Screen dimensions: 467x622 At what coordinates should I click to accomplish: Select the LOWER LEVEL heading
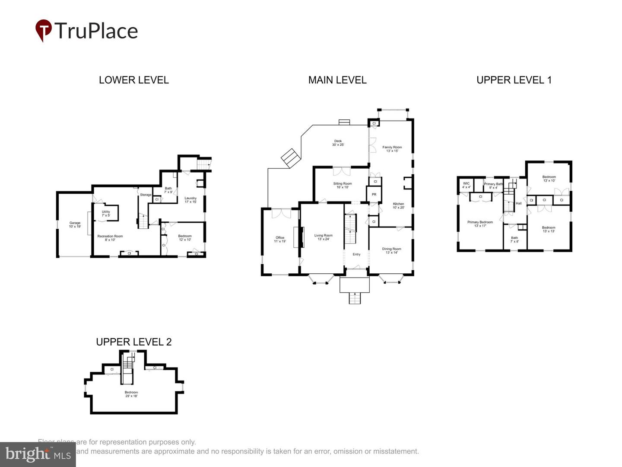click(x=133, y=80)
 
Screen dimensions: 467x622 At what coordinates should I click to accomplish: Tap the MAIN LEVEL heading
click(x=337, y=80)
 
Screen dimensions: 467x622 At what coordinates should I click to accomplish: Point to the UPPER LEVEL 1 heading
click(x=514, y=80)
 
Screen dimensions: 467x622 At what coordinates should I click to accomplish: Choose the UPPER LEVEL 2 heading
click(x=133, y=342)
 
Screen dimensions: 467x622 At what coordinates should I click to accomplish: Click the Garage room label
click(x=75, y=225)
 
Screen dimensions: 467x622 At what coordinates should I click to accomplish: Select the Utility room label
click(x=106, y=214)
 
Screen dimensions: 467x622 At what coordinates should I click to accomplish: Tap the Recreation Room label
click(x=110, y=238)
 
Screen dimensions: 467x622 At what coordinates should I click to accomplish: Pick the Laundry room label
click(x=190, y=200)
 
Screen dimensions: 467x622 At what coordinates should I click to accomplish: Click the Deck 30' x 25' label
click(x=338, y=143)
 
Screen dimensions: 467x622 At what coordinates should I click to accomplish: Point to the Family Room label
click(x=392, y=149)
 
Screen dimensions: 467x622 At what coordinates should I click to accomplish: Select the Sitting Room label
click(x=342, y=185)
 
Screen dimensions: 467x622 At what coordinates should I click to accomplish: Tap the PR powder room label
click(x=374, y=195)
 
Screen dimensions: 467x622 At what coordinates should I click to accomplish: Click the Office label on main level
click(x=280, y=239)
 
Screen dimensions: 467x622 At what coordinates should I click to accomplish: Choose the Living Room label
click(x=323, y=237)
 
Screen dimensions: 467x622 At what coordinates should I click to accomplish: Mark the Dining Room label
click(x=391, y=250)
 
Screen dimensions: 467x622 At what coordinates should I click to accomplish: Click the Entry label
click(x=356, y=254)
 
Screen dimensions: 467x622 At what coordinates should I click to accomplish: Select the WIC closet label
click(x=466, y=185)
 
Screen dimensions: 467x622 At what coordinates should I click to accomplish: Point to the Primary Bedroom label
click(x=480, y=224)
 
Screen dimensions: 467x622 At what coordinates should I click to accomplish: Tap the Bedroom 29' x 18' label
click(x=131, y=394)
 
